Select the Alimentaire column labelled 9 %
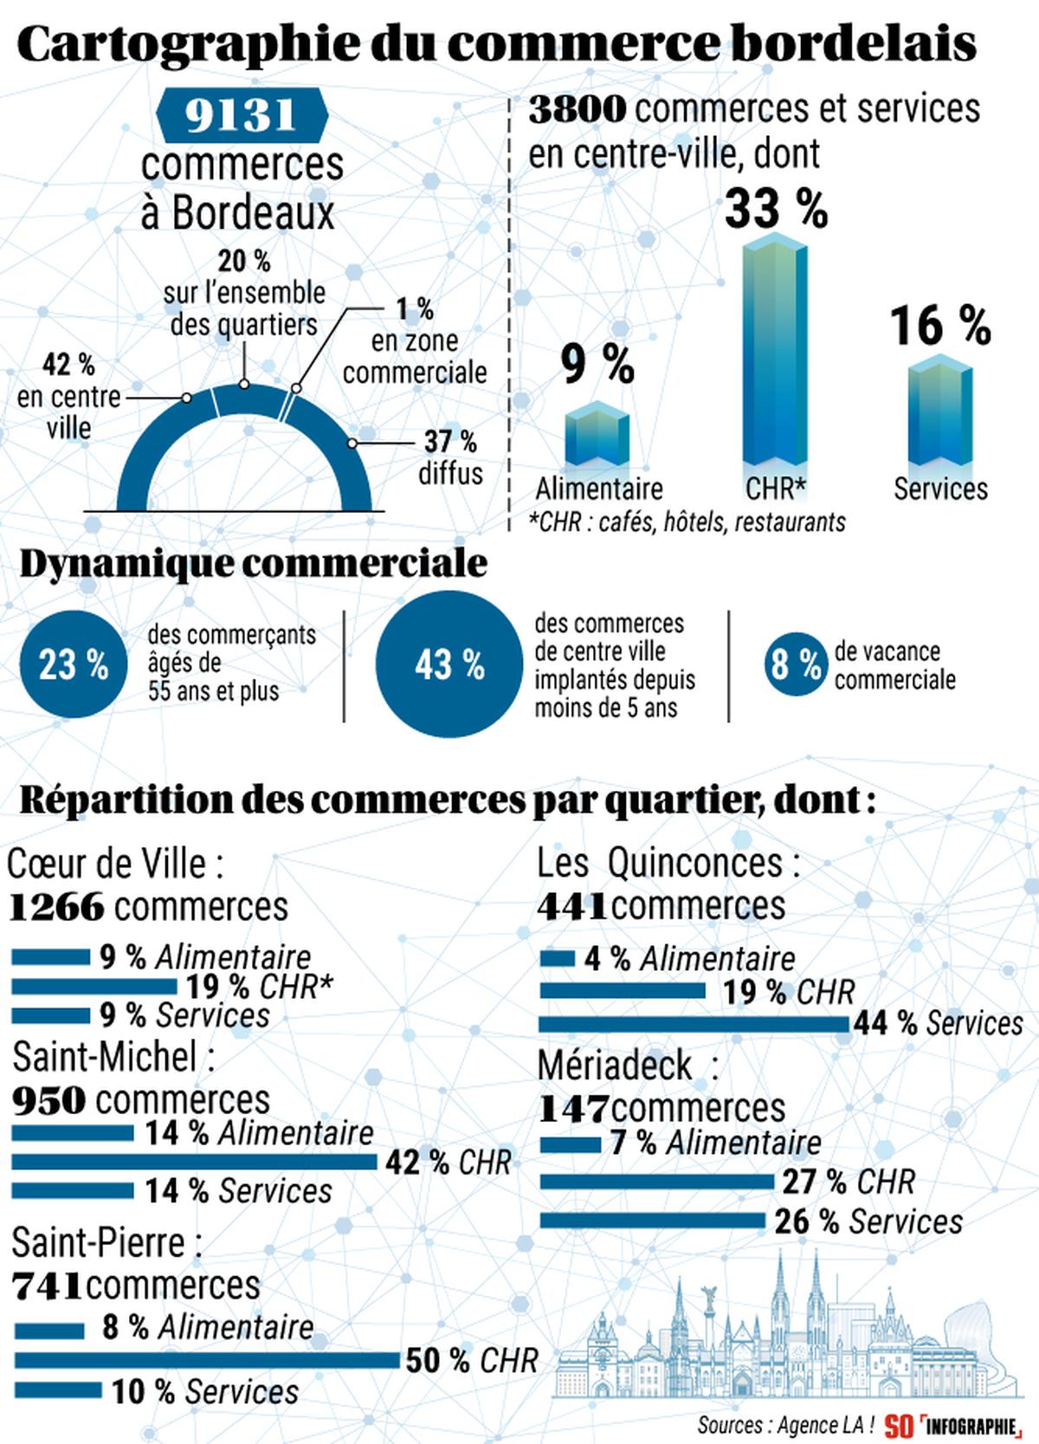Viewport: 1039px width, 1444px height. click(x=597, y=437)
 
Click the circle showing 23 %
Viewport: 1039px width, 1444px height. click(x=73, y=665)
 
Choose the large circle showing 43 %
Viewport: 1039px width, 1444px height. click(x=449, y=665)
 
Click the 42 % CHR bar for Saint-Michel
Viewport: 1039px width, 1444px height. click(x=194, y=1162)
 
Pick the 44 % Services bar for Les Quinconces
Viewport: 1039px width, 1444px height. click(x=694, y=1024)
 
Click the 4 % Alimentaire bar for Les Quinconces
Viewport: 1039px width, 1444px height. click(x=558, y=958)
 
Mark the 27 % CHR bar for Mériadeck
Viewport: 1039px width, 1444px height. click(x=656, y=1182)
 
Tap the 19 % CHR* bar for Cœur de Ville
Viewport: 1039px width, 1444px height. click(x=94, y=986)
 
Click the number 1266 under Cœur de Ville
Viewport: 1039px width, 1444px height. click(x=57, y=908)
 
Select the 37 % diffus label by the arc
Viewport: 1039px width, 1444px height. click(x=450, y=457)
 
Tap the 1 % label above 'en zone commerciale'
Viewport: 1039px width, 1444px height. click(x=415, y=308)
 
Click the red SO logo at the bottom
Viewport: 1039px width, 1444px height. click(x=899, y=1425)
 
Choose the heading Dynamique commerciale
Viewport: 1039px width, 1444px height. click(x=253, y=564)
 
